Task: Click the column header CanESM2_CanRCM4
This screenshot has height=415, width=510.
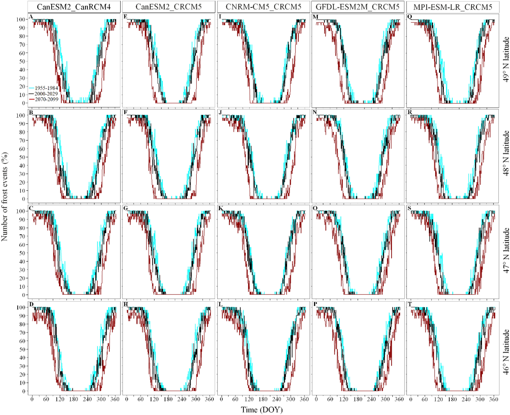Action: pos(74,7)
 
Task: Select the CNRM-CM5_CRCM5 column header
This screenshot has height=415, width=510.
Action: pos(263,7)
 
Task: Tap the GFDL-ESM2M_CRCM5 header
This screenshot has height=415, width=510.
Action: pos(358,7)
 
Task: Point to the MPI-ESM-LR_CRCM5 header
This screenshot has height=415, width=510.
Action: pos(453,7)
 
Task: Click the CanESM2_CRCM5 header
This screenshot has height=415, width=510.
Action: pos(168,7)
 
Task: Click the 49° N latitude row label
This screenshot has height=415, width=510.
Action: pos(505,60)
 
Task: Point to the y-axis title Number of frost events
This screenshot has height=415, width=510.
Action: pos(5,197)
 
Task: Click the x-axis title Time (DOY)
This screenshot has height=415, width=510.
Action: pos(262,409)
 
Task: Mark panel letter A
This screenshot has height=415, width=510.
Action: pos(31,17)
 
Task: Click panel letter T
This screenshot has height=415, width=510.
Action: pos(409,304)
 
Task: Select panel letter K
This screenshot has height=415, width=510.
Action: pos(221,208)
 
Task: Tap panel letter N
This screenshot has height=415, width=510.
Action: pos(315,112)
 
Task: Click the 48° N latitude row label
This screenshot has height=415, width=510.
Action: pos(505,153)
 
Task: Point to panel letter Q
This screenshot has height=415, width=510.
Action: pos(410,17)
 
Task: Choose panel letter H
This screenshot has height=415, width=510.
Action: pos(126,304)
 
